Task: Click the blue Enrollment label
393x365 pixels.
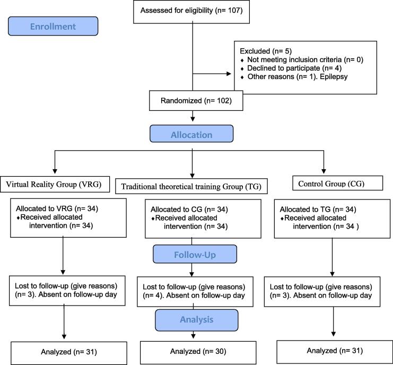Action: click(x=53, y=27)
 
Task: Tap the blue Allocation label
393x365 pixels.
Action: click(x=191, y=134)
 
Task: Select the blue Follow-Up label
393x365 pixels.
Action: click(x=195, y=254)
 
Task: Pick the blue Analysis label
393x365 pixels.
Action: click(x=196, y=320)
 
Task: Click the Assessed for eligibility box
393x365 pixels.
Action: click(x=191, y=12)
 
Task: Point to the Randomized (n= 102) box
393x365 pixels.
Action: click(x=196, y=100)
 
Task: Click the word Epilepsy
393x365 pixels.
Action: click(x=334, y=76)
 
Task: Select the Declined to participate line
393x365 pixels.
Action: click(x=291, y=68)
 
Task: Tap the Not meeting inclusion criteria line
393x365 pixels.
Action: click(x=302, y=59)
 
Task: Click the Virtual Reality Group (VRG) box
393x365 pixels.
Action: click(x=55, y=184)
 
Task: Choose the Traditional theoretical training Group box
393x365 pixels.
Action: click(x=191, y=186)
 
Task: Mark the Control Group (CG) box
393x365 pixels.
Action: click(x=338, y=183)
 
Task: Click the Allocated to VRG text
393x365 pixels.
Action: click(x=57, y=208)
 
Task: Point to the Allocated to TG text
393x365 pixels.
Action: click(x=318, y=210)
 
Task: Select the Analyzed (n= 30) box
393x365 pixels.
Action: click(x=198, y=352)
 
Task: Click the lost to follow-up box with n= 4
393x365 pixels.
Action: click(x=195, y=292)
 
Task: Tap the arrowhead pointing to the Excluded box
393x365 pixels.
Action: click(x=229, y=74)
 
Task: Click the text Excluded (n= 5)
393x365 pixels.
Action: click(x=266, y=51)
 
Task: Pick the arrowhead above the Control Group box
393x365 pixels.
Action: click(x=324, y=171)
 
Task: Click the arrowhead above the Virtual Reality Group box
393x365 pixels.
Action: click(x=55, y=171)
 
